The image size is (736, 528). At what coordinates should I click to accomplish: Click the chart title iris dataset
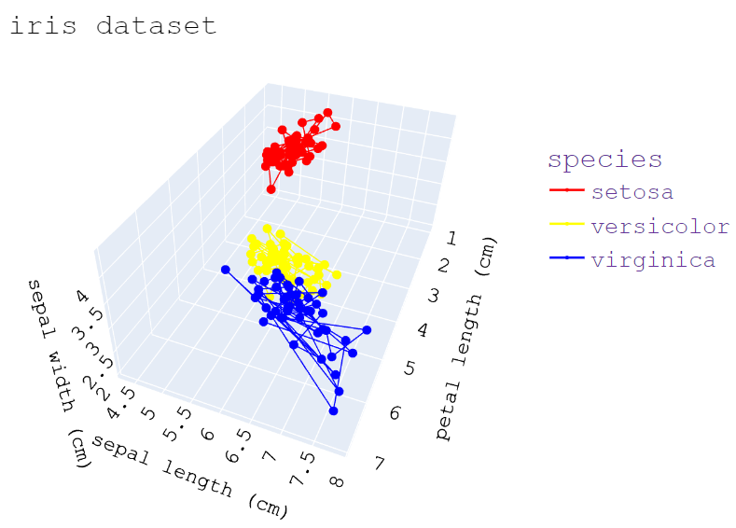pos(113,25)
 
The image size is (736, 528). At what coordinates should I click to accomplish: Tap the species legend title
pos(605,160)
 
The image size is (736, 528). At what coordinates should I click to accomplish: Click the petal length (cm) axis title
pos(465,338)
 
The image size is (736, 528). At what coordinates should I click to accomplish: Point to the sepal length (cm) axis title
pos(189,477)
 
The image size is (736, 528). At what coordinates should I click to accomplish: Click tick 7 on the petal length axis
pos(380,464)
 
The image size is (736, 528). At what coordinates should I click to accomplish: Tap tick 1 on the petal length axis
pos(451,239)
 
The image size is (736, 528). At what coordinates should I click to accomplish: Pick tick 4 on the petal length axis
pos(423,330)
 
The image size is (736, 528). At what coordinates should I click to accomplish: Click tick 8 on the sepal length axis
pos(337,481)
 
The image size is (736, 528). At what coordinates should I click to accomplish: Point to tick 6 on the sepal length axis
pos(207,435)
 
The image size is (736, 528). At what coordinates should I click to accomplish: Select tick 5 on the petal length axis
pos(410,368)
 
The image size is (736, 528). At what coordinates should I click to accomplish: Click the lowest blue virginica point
pos(333,410)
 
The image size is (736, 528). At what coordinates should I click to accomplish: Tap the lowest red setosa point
pos(271,189)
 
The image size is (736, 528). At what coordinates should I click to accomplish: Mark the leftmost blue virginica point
pos(226,270)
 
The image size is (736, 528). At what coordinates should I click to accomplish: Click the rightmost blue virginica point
pos(367,330)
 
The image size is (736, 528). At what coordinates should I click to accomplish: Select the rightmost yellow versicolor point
pos(337,274)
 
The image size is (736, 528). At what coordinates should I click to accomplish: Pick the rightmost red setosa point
pos(336,126)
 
